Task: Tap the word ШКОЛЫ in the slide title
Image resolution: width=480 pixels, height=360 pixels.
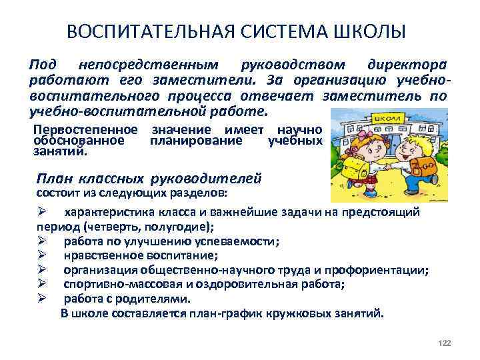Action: point(371,33)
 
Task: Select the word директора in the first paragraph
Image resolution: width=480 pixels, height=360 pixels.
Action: point(407,65)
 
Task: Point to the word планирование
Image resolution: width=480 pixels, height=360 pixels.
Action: point(196,141)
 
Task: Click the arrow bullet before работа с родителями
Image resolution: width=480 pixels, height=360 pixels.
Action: point(41,299)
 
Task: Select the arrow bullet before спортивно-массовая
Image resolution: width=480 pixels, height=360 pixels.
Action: point(41,284)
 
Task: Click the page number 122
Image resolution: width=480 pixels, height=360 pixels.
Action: point(445,342)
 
